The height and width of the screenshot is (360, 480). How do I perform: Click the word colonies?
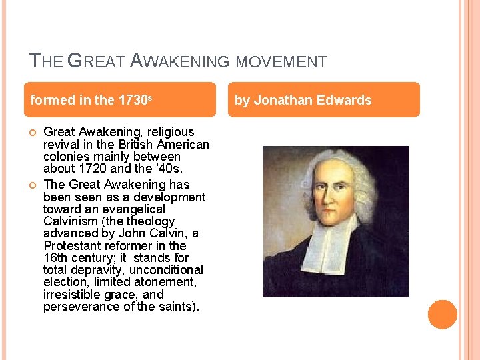(65, 157)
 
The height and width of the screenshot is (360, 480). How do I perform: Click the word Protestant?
(71, 245)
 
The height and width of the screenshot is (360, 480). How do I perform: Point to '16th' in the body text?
(55, 258)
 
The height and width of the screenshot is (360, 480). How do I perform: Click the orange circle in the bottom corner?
(442, 315)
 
